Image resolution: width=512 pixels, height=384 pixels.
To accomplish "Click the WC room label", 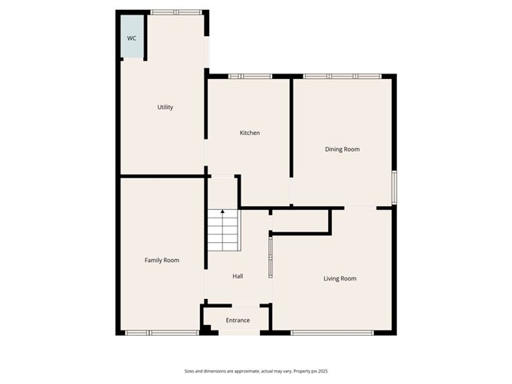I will click(132, 38).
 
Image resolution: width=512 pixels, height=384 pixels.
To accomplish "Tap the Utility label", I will click(165, 107).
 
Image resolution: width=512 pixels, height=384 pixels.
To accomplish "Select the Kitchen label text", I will click(250, 133).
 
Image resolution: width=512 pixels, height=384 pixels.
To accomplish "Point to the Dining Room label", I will click(342, 149).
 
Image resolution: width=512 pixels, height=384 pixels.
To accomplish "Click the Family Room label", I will click(162, 261).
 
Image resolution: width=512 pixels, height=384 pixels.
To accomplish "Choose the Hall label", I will click(238, 276).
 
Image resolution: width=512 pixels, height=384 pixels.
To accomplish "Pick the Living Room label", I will click(340, 278).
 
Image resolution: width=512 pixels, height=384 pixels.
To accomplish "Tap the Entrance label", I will click(238, 320).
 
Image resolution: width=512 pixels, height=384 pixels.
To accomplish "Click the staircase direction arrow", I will click(222, 213).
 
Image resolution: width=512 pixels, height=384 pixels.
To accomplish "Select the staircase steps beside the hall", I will click(222, 232).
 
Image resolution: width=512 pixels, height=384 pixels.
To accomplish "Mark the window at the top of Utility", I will click(176, 12).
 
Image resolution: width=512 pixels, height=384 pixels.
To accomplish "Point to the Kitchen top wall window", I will click(250, 76).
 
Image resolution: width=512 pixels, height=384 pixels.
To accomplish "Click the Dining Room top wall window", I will click(342, 76).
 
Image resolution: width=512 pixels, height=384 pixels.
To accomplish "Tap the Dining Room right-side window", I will click(394, 186).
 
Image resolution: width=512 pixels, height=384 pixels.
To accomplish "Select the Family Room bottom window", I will click(162, 333).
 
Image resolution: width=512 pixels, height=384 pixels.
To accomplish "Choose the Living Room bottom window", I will click(332, 333).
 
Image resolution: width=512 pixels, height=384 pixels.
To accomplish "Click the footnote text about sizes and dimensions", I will click(255, 371).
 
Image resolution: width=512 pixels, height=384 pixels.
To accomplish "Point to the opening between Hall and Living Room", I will click(269, 258).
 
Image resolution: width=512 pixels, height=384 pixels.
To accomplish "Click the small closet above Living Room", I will click(300, 221).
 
